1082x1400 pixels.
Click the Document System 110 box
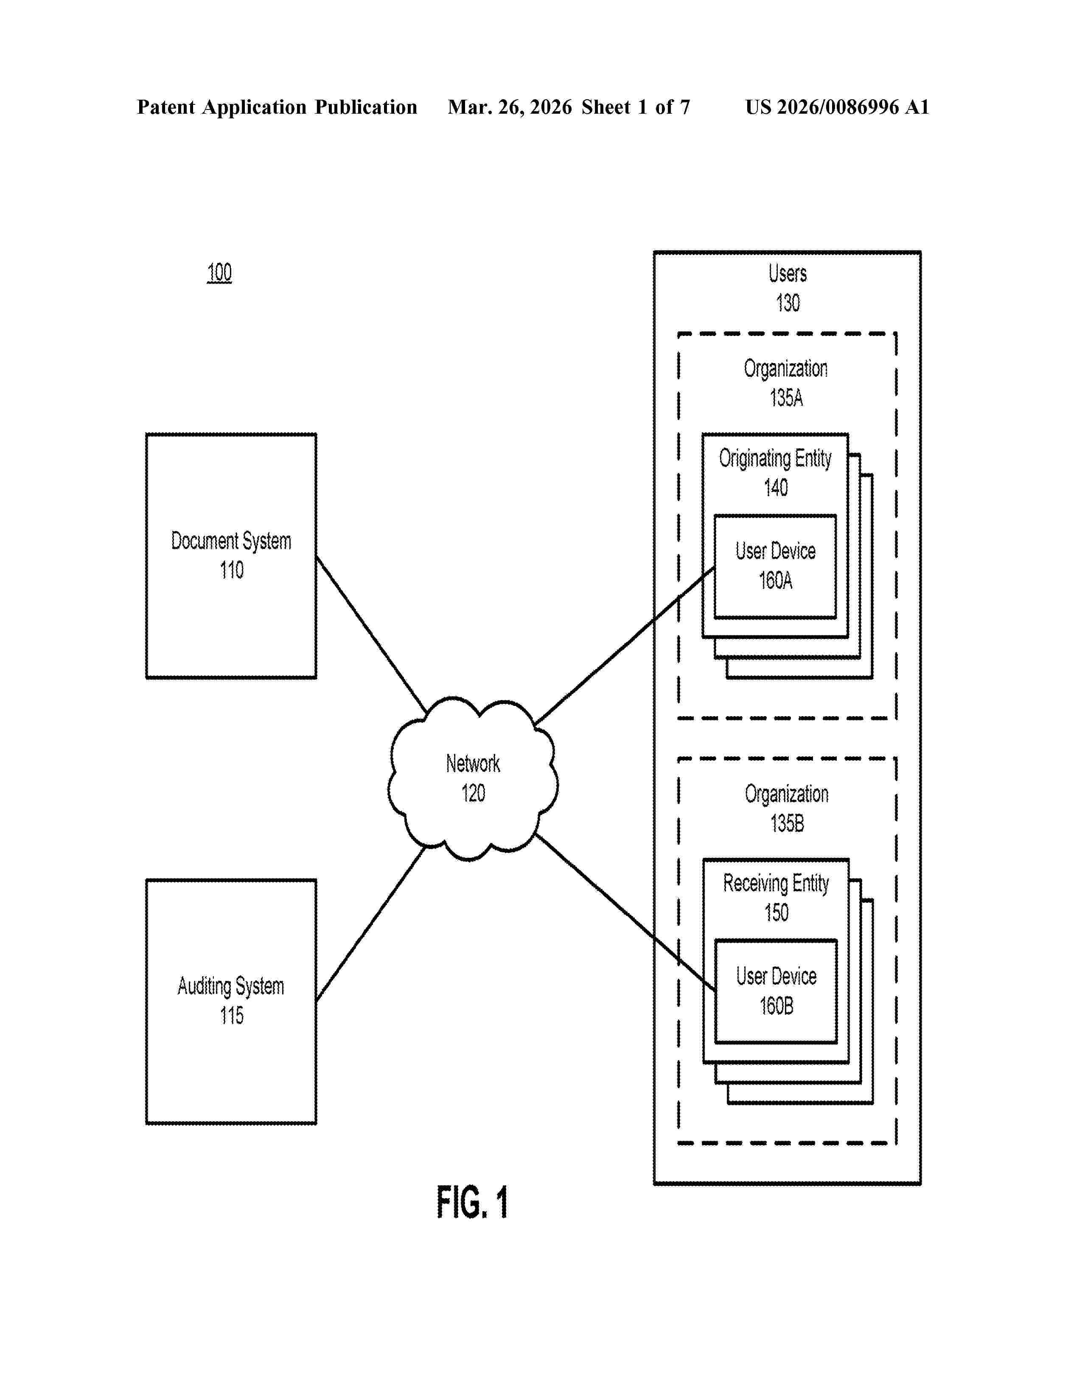point(231,555)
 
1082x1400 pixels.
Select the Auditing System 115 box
point(231,1001)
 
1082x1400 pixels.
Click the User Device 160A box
point(775,566)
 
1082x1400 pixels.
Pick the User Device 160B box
point(776,991)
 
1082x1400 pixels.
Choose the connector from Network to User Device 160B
point(625,911)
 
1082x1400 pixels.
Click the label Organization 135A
point(786,384)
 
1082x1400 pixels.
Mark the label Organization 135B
point(787,808)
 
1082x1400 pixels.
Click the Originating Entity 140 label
point(775,473)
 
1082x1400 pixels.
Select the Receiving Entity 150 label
point(776,897)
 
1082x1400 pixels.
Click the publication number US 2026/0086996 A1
point(836,107)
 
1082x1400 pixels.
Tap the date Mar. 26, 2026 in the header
point(510,107)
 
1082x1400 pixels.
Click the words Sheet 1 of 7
point(635,107)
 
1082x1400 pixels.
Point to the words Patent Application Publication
point(277,107)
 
